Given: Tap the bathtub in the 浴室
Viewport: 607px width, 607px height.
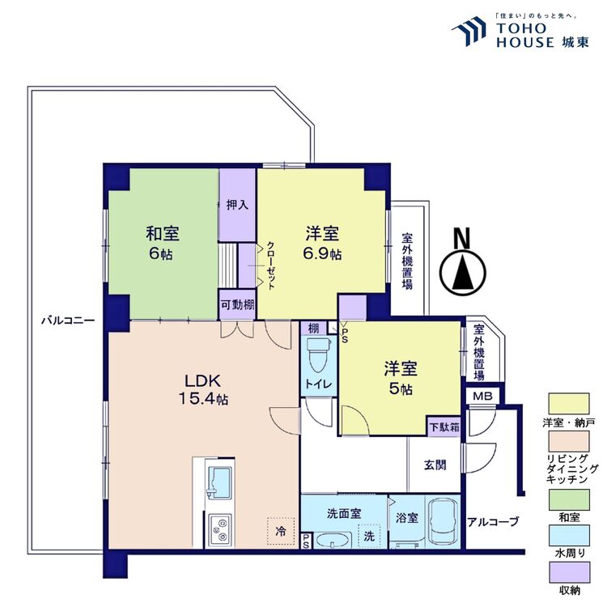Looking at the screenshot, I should (443, 521).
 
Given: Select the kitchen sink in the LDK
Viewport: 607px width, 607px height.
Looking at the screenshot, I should (219, 484).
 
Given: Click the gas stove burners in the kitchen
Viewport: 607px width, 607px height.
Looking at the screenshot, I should (219, 529).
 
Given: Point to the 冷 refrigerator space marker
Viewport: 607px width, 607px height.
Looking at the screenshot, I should (280, 531).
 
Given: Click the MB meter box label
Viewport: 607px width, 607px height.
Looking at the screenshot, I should (482, 396).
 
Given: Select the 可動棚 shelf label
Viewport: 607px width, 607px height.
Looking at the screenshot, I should (238, 305).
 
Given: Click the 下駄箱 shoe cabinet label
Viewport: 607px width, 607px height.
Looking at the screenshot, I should (444, 425).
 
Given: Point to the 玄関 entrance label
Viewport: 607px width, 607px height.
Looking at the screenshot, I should (434, 465).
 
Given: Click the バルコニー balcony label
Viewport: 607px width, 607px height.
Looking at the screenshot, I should (69, 320).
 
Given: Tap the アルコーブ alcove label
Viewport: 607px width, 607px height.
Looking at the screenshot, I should (493, 521).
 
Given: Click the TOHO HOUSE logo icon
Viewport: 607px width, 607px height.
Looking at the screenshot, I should (468, 33).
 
